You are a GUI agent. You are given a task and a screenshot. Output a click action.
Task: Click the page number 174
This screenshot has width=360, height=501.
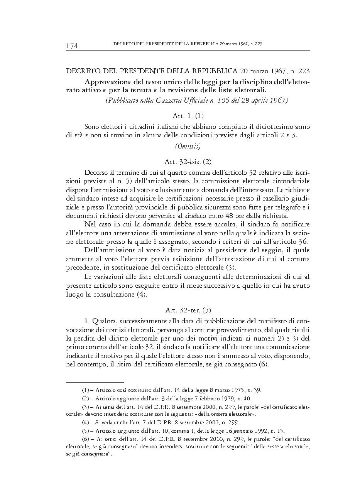[72, 46]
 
